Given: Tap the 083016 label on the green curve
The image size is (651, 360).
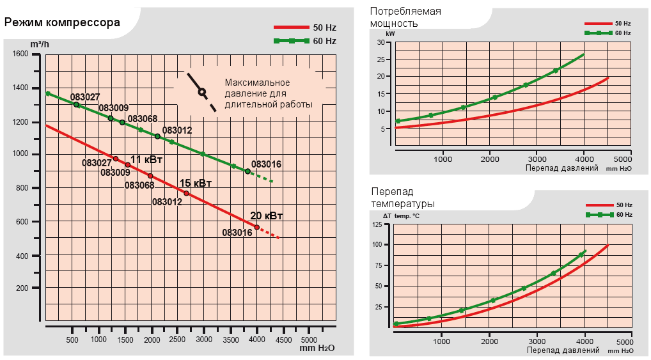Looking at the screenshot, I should coord(266,164).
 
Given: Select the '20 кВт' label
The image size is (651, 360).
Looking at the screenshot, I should coord(267,215).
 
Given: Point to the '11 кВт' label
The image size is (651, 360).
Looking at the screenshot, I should coord(146,159).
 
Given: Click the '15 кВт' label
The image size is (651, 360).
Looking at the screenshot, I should coord(196,183).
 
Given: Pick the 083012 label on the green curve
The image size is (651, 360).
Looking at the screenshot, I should coord(177,130).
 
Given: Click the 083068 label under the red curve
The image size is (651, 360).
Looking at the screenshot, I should coord(139,185).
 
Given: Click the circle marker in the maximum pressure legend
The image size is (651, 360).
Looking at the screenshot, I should coord(202,91).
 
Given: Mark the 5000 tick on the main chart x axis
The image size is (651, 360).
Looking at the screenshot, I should coord(309,339).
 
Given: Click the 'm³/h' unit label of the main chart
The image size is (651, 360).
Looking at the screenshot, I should coord(40,43).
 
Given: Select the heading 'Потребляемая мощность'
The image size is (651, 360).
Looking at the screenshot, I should coord(406,17).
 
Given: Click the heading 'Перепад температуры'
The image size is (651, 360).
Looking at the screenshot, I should coord(403,198).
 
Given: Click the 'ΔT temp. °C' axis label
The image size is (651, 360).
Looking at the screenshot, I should coord(401,216).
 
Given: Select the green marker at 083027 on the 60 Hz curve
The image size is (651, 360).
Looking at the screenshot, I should coord(76,104).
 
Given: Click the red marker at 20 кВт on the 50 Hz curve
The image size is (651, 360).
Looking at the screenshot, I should coord(256,227).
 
